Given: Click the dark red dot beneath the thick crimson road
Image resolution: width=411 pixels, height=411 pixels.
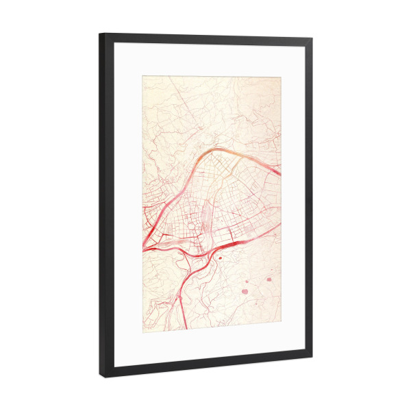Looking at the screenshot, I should [x=221, y=258].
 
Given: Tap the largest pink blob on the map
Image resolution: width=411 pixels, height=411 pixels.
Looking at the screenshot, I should [x=245, y=290].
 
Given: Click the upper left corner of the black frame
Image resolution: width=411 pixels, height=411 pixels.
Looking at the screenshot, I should [x=100, y=34].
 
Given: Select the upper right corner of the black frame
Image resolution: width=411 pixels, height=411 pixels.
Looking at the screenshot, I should [x=312, y=39].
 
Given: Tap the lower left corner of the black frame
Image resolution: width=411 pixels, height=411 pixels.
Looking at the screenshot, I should [x=103, y=377].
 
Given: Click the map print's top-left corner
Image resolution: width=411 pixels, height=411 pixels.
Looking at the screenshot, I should [x=143, y=76].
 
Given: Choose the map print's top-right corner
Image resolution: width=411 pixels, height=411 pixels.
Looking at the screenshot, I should [x=281, y=77].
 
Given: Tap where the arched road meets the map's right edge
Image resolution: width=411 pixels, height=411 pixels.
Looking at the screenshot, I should [x=279, y=174].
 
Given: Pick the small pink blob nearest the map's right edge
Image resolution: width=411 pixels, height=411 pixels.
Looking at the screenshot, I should [x=269, y=279].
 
